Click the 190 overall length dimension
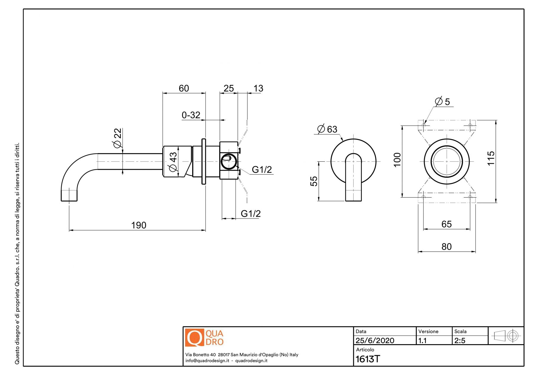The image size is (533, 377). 139,225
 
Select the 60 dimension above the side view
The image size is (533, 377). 184,88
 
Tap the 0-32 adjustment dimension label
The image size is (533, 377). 191,115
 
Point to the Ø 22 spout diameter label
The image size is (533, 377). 117,138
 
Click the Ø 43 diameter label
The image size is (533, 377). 173,162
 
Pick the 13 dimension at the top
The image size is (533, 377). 258,88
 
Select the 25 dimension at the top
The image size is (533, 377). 229,88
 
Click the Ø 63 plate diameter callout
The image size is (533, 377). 327,129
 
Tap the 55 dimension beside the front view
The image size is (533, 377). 314,181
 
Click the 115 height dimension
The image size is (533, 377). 491,158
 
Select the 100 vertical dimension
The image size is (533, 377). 397,160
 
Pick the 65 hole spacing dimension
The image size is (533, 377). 447,224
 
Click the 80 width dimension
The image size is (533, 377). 447,247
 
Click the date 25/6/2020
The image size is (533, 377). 375,341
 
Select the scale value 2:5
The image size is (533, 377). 460,341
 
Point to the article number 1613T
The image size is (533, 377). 367,359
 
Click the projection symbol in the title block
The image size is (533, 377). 506,336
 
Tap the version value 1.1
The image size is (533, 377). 423,341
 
